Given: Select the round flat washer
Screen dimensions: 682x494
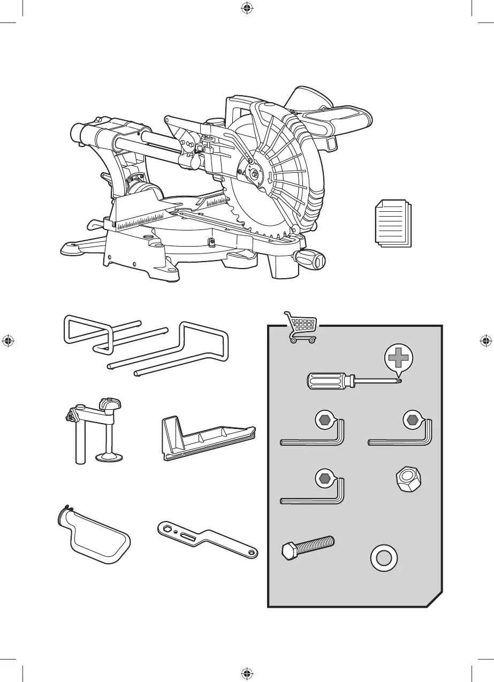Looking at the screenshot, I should (384, 559).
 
